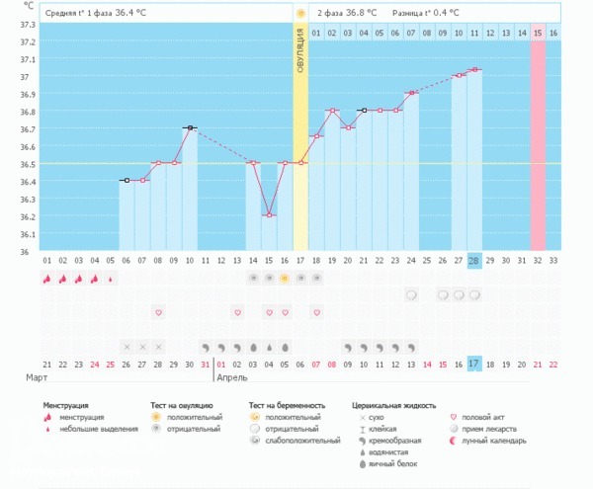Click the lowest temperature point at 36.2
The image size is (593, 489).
pyautogui.click(x=269, y=214)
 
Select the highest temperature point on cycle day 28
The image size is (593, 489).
pyautogui.click(x=474, y=69)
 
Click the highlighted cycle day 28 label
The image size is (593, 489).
pyautogui.click(x=474, y=260)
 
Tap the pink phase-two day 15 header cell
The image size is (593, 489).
pyautogui.click(x=538, y=33)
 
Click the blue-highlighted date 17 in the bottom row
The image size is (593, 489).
pyautogui.click(x=474, y=364)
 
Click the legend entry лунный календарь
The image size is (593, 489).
pyautogui.click(x=494, y=441)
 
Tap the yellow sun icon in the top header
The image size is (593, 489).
pyautogui.click(x=299, y=13)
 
